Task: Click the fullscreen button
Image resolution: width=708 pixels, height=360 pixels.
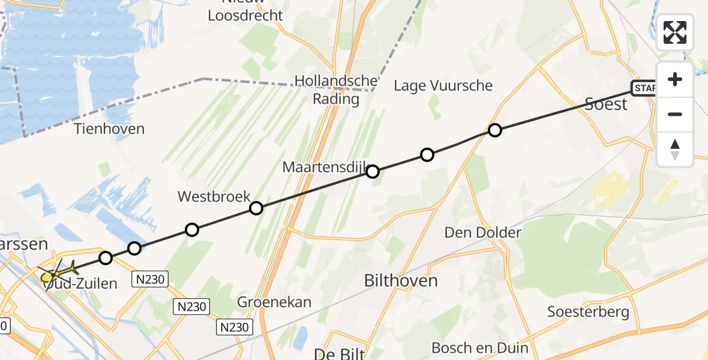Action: (x=675, y=32)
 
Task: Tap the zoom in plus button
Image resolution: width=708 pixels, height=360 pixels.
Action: (x=675, y=80)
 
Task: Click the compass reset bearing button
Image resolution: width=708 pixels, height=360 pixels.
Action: (x=675, y=149)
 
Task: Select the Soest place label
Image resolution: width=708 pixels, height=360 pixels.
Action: (x=606, y=104)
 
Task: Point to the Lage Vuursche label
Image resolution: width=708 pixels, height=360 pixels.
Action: (x=443, y=86)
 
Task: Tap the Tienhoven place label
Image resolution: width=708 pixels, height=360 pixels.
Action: (x=110, y=129)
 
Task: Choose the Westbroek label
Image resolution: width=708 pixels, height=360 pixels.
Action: (x=213, y=196)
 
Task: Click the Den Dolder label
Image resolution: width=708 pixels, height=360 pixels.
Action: (x=483, y=232)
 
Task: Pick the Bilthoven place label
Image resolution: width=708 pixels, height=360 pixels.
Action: (x=401, y=280)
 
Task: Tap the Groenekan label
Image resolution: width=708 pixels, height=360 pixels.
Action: (x=274, y=302)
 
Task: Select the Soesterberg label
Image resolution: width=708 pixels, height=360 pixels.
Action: (x=589, y=312)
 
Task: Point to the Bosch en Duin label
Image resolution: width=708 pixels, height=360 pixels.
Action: (x=480, y=348)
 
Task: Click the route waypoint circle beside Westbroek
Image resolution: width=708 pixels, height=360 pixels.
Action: (x=256, y=208)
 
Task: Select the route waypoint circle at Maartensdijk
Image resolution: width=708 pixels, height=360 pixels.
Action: (x=373, y=172)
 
